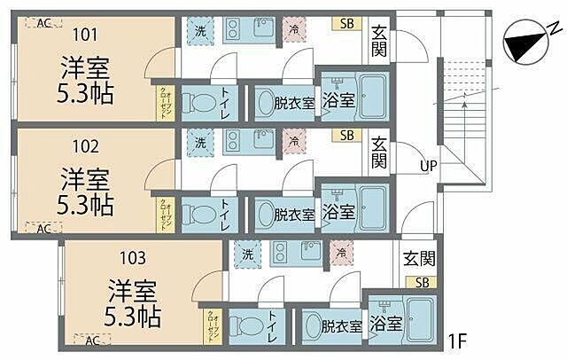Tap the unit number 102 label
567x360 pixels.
coord(86,146)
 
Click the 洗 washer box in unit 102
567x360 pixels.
coord(200,140)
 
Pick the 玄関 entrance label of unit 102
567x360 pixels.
coord(378,152)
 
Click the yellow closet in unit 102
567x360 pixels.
coord(164,213)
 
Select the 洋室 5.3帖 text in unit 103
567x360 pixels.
coord(134,301)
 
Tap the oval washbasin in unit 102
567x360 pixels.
coord(267,213)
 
